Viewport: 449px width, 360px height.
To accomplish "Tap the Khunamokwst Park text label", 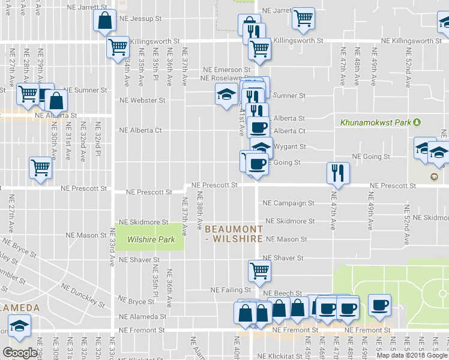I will pyautogui.click(x=375, y=122).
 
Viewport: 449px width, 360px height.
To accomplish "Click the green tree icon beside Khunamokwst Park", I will pyautogui.click(x=417, y=122).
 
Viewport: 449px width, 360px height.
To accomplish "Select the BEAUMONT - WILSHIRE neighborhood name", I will pyautogui.click(x=234, y=234).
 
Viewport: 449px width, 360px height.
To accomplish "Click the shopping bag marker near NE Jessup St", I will pyautogui.click(x=104, y=20).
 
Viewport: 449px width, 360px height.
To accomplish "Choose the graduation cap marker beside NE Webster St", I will pyautogui.click(x=226, y=95).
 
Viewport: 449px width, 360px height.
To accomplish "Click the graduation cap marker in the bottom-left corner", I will pyautogui.click(x=19, y=326).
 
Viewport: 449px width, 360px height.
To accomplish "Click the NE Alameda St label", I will pyautogui.click(x=142, y=317).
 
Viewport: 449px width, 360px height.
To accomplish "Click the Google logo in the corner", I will pyautogui.click(x=20, y=353).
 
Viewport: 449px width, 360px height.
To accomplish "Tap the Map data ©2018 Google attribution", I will pyautogui.click(x=411, y=355).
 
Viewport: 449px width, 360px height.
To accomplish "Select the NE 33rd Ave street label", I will pyautogui.click(x=112, y=247).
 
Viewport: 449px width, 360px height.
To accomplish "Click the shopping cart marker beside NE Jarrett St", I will pyautogui.click(x=304, y=18).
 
